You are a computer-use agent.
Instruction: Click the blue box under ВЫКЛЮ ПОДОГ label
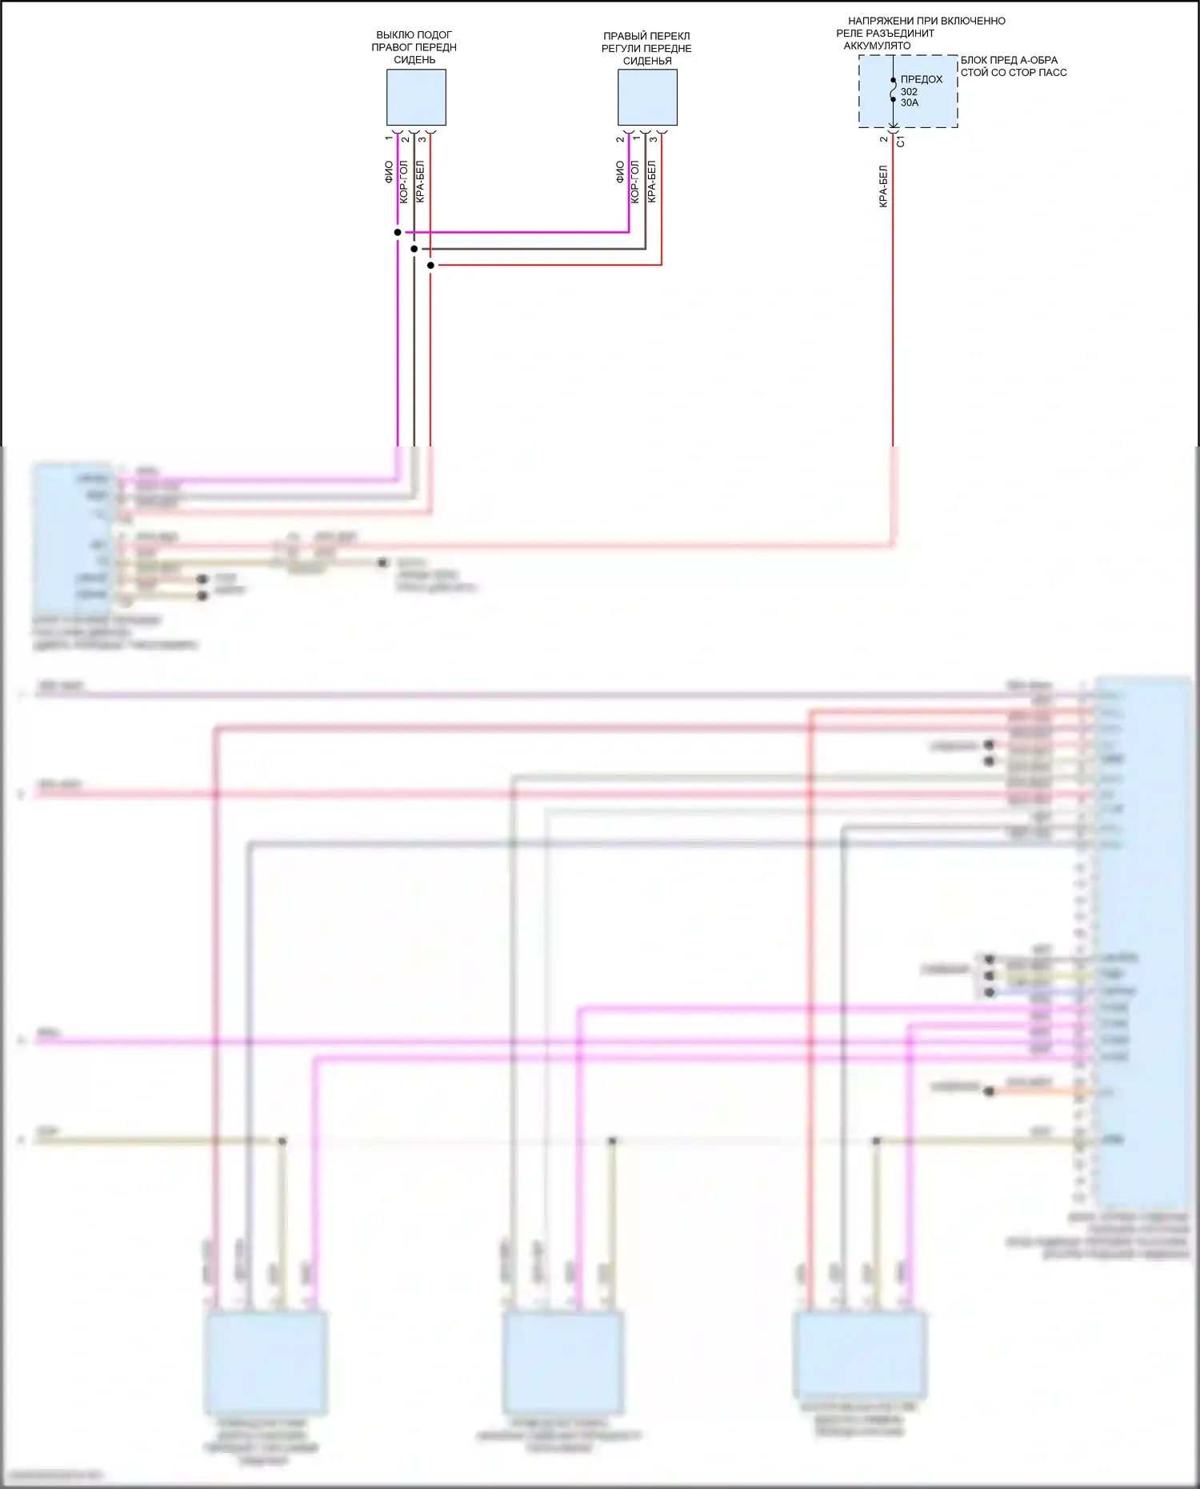coord(416,98)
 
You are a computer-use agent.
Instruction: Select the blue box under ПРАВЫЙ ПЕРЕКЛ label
coord(647,98)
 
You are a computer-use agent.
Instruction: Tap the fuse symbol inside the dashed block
coord(893,90)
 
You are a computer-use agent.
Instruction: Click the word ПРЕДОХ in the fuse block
coord(922,79)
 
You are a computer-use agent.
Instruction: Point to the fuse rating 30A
coord(910,103)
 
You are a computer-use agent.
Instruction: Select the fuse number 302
coord(909,92)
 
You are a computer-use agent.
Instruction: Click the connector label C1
coord(901,142)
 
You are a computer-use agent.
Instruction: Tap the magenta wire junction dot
coord(398,233)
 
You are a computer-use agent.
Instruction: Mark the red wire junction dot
coord(430,265)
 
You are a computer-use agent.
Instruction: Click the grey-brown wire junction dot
coord(414,249)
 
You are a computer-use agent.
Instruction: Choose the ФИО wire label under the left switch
coord(389,172)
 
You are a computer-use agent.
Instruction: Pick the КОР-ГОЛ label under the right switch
coord(635,182)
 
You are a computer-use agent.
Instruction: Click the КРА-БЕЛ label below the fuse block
coord(883,186)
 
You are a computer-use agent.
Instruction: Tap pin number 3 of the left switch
coord(422,139)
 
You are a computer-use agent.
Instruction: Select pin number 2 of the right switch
coord(620,139)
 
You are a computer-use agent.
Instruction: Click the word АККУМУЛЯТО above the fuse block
coord(877,46)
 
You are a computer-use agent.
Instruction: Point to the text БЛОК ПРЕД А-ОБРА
coord(1009,60)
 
